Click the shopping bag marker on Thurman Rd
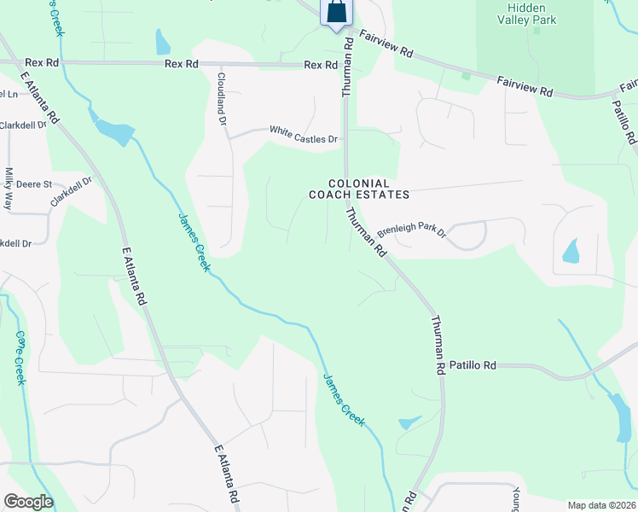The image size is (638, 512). click(x=337, y=12)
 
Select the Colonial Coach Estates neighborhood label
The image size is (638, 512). click(x=359, y=189)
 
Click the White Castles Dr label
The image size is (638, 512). click(x=304, y=133)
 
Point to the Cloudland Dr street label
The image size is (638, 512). click(x=221, y=98)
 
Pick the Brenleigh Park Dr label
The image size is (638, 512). click(x=412, y=230)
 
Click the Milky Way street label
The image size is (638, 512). click(x=9, y=189)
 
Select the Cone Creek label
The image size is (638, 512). click(x=19, y=358)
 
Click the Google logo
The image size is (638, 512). click(x=28, y=501)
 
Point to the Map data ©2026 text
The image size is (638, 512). click(x=601, y=505)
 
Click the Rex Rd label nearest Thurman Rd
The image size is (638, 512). click(x=320, y=65)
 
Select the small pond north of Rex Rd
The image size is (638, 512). click(x=162, y=42)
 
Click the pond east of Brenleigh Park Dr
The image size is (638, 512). click(x=570, y=251)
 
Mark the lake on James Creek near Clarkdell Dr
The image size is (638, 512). click(x=114, y=131)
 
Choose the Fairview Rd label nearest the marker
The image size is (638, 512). click(x=386, y=44)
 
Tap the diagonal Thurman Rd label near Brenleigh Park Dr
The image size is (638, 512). click(x=368, y=233)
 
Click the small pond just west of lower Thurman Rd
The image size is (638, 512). click(x=409, y=422)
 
